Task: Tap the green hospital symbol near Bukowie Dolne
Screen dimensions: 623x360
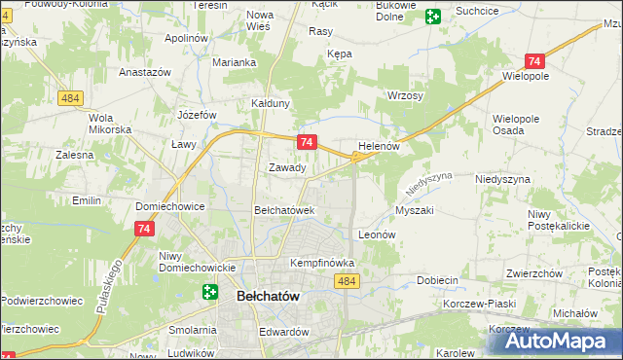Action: click(432, 16)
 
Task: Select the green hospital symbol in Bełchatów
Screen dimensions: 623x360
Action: click(210, 291)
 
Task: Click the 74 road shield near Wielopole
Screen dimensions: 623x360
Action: click(532, 60)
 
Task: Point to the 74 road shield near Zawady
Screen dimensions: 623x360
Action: click(307, 142)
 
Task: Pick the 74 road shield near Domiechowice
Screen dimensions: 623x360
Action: click(143, 228)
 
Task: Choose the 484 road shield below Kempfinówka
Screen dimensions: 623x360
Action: click(347, 281)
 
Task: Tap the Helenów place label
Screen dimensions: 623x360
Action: click(380, 146)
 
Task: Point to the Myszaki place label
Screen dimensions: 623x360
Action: click(415, 210)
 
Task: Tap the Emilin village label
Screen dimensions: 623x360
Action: click(87, 200)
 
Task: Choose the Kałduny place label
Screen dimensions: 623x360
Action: click(272, 102)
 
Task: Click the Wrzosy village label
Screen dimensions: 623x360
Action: click(405, 96)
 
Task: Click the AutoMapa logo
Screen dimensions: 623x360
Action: click(561, 341)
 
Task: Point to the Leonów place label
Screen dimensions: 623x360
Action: click(377, 234)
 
